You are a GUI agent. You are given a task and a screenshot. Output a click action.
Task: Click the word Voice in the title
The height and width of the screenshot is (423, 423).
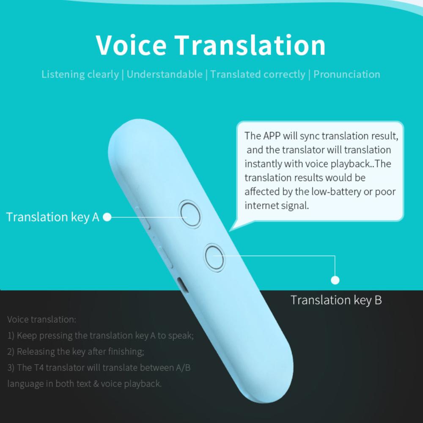131,45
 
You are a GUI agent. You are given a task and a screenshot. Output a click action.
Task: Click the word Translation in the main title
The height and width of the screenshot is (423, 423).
250,45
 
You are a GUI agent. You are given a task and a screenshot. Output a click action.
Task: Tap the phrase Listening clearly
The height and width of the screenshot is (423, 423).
80,74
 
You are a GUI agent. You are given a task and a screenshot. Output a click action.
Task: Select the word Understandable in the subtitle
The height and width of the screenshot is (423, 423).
165,74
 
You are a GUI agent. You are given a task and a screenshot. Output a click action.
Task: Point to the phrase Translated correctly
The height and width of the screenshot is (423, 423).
258,74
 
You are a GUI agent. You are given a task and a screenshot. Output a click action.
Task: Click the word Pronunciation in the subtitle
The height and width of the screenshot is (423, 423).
347,74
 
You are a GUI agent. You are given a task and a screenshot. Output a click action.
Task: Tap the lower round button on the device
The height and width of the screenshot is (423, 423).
214,257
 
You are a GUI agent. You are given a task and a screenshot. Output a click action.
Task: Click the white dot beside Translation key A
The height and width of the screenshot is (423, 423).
107,217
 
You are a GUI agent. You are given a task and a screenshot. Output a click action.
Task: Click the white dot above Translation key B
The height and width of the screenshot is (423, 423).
335,280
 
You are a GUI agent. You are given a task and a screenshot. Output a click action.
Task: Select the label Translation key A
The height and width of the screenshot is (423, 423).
52,217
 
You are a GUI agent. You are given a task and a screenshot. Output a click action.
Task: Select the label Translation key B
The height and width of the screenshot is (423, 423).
336,300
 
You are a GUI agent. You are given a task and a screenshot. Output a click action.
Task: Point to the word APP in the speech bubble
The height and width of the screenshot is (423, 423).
272,136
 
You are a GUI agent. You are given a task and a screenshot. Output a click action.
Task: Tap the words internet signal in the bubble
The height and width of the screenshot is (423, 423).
277,206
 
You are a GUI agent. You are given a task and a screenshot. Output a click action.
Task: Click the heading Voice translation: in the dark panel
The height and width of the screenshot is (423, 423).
42,319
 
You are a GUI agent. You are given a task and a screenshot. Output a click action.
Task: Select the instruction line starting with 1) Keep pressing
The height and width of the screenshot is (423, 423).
101,335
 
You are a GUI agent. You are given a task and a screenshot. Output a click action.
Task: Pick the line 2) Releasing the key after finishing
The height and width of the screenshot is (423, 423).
76,352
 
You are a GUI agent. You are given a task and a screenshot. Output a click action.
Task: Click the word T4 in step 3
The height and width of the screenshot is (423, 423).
39,368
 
